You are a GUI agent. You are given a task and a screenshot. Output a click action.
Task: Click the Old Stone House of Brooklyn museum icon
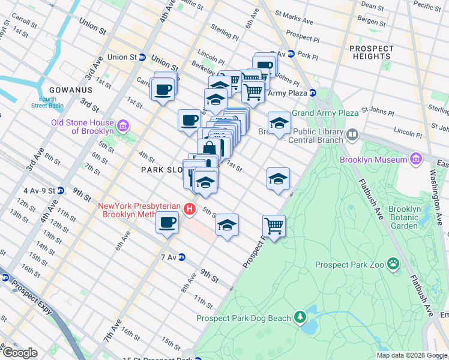pos(124,126)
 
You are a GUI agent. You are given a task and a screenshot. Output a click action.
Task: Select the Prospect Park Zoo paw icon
pos(393,263)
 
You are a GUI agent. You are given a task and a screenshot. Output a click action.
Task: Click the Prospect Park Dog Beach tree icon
pos(300,317)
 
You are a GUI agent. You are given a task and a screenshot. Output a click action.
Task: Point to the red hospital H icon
pos(190,209)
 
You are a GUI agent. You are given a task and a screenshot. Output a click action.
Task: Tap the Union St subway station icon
pos(143,57)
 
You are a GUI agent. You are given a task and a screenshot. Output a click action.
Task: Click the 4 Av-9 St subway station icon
pos(61,191)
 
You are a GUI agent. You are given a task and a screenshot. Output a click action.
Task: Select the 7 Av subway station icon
pos(181,257)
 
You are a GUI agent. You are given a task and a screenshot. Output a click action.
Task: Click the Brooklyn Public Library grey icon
pos(352,134)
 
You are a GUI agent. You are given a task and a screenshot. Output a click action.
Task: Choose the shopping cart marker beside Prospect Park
pos(274,226)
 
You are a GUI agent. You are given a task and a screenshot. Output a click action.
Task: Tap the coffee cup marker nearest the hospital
pos(167,223)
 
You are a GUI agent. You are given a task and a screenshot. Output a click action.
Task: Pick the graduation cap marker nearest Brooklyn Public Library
pos(279,123)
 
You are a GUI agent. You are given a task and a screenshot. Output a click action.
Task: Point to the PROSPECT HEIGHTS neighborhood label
pos(372,53)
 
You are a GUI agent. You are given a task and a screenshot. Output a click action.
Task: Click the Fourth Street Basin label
pos(48,102)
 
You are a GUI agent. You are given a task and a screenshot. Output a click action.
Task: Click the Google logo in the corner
pos(19,353)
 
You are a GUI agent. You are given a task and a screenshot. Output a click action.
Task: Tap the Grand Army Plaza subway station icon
pos(313,93)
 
